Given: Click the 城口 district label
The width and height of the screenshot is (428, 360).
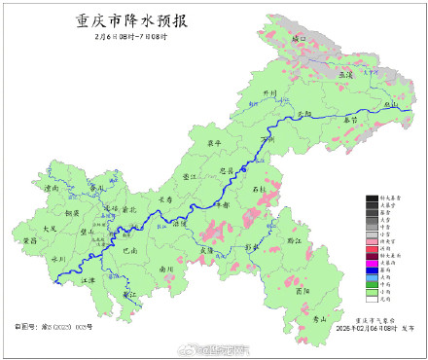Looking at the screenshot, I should [298, 38].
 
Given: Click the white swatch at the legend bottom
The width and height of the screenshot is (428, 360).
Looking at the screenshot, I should [371, 301].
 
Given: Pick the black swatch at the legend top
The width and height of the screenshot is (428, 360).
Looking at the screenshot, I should [371, 199].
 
